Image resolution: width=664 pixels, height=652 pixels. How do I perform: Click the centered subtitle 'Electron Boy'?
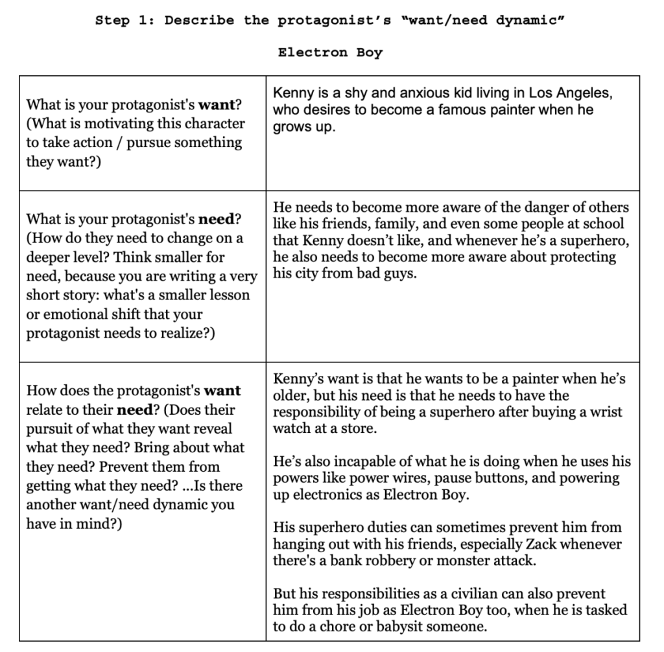tap(330, 52)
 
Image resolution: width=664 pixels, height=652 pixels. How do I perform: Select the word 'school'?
tap(602, 224)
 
